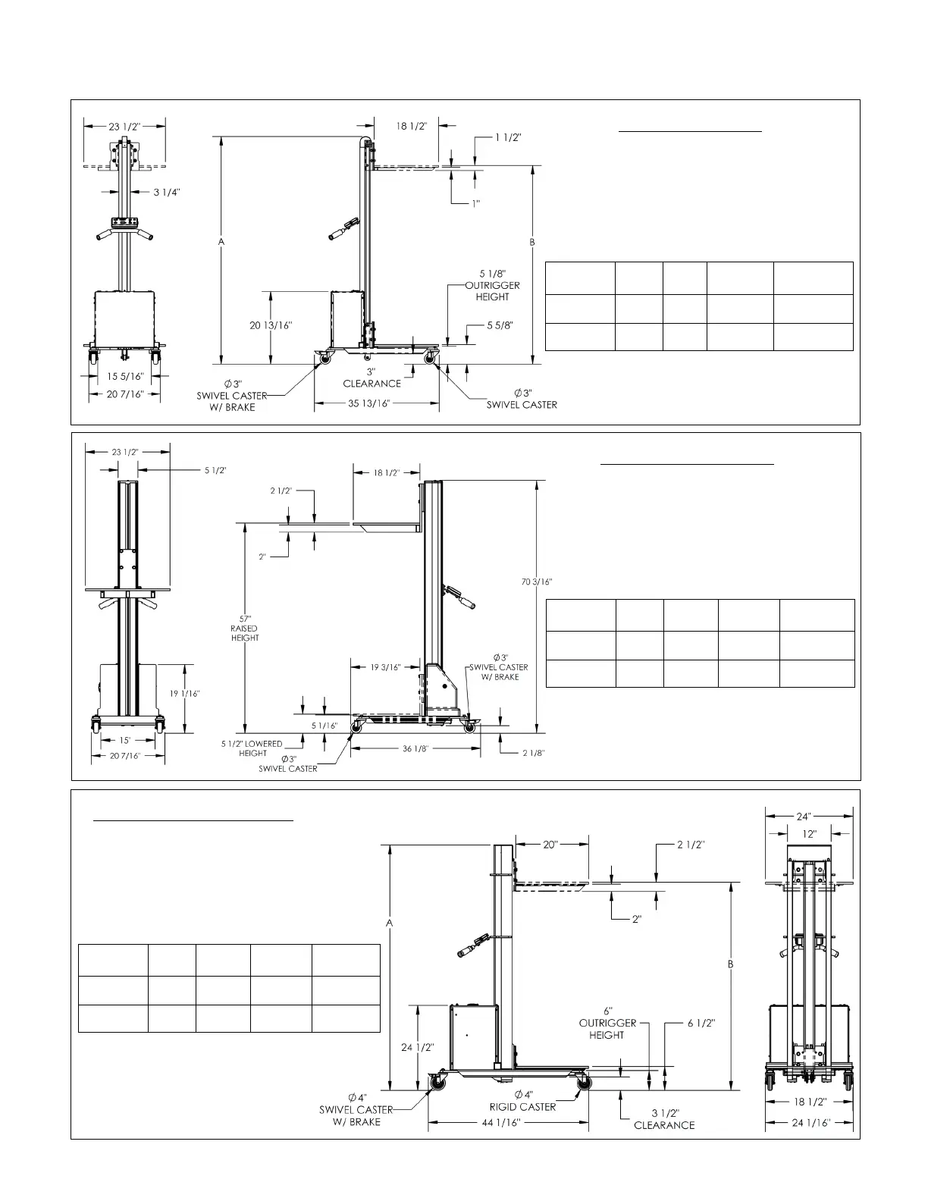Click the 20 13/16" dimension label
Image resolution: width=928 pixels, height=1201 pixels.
pos(271,325)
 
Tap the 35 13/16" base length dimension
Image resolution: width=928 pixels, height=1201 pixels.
pos(369,403)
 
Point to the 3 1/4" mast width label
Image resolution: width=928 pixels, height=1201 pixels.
pos(167,193)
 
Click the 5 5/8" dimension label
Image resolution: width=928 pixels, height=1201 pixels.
pos(500,325)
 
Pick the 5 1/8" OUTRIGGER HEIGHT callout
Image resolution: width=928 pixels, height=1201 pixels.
pos(493,284)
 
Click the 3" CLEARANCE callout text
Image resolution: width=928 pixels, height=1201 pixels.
pos(372,378)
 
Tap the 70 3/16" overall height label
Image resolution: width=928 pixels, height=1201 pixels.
pos(536,582)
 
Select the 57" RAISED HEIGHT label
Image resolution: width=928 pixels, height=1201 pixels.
pos(244,628)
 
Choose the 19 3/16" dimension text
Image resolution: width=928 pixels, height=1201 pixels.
pos(385,667)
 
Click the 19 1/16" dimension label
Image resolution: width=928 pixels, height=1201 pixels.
pos(185,693)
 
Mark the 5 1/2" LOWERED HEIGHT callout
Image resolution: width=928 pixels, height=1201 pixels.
pos(252,748)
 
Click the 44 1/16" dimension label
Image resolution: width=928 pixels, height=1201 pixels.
pos(501,1123)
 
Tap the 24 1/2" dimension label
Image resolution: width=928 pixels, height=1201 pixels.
pos(418,1047)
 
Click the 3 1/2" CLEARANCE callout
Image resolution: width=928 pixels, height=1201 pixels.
pos(664,1119)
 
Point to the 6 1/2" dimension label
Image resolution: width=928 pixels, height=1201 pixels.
pos(701,1023)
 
